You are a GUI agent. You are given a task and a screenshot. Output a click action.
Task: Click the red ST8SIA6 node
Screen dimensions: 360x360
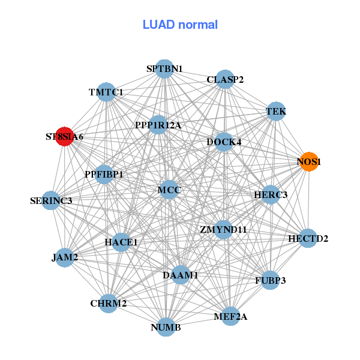click(x=65, y=136)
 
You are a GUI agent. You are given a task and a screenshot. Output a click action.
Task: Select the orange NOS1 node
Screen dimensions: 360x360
click(x=309, y=162)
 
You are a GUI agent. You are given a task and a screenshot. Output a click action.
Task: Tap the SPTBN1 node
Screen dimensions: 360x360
click(x=164, y=69)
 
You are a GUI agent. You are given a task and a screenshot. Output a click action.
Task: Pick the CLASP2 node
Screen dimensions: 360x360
click(x=225, y=79)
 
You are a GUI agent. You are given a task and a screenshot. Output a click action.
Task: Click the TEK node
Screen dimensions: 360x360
click(x=275, y=112)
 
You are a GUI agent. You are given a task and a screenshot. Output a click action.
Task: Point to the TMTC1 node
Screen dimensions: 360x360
click(x=106, y=92)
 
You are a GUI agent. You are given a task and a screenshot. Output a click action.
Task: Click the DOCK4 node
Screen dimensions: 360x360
click(x=224, y=142)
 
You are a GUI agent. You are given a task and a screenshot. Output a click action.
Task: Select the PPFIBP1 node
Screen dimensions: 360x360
click(x=104, y=175)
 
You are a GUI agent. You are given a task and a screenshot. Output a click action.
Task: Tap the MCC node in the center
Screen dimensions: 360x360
click(x=169, y=190)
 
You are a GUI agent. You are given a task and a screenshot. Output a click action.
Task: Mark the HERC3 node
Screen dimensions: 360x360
click(x=271, y=194)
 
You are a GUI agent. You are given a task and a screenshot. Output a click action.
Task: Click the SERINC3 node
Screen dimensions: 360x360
click(x=51, y=200)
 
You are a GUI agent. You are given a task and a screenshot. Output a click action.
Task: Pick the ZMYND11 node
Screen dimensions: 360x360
click(x=223, y=229)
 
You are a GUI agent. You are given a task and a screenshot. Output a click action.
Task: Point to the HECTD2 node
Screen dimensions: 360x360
click(x=308, y=238)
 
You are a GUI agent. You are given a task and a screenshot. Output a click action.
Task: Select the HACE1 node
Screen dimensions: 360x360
click(x=121, y=242)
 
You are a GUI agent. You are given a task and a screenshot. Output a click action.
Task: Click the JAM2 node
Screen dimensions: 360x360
click(x=65, y=258)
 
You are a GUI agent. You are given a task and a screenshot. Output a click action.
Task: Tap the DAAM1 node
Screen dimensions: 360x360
click(x=181, y=275)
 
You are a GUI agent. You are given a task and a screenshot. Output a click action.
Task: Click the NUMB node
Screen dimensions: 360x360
click(x=166, y=327)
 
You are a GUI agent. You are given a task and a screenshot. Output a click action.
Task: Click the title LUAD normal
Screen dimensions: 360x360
click(x=180, y=25)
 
